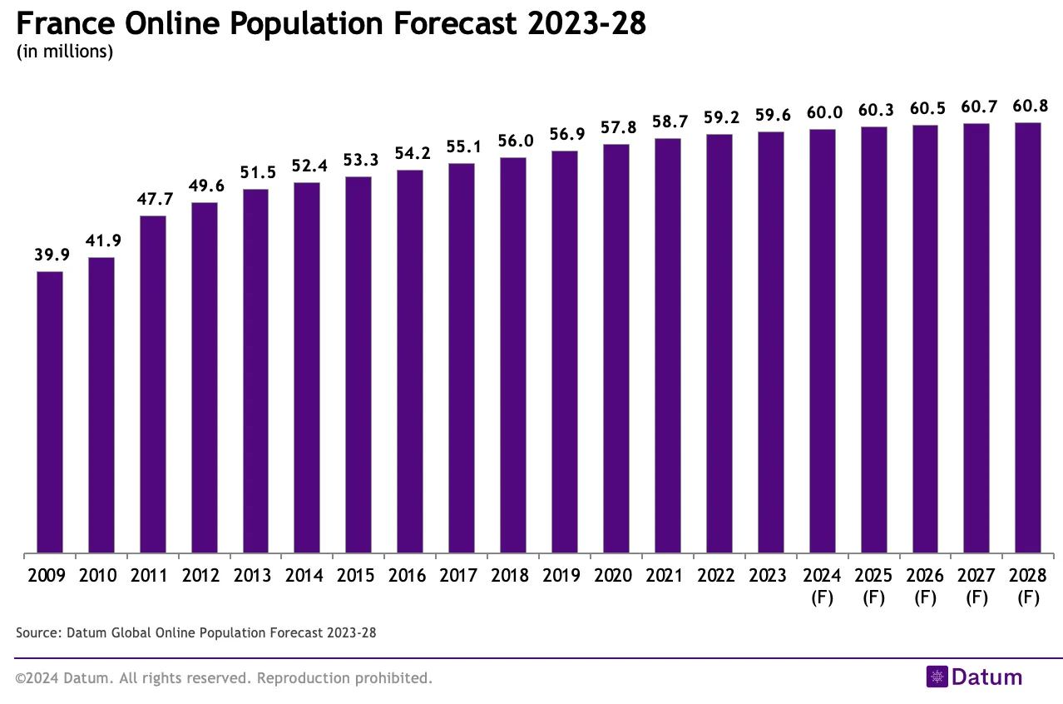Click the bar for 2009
[x=50, y=412]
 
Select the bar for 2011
[x=153, y=384]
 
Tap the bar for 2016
[x=410, y=361]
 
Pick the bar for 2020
[x=616, y=348]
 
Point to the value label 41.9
[x=101, y=241]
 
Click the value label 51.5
[x=255, y=173]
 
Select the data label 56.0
[x=512, y=141]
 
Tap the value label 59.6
[x=770, y=116]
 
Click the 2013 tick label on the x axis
[x=255, y=576]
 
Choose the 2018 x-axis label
[x=512, y=576]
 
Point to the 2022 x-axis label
[x=719, y=576]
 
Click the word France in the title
[x=65, y=23]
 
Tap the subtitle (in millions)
[x=64, y=52]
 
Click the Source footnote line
[x=195, y=633]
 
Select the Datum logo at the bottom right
[x=974, y=677]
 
